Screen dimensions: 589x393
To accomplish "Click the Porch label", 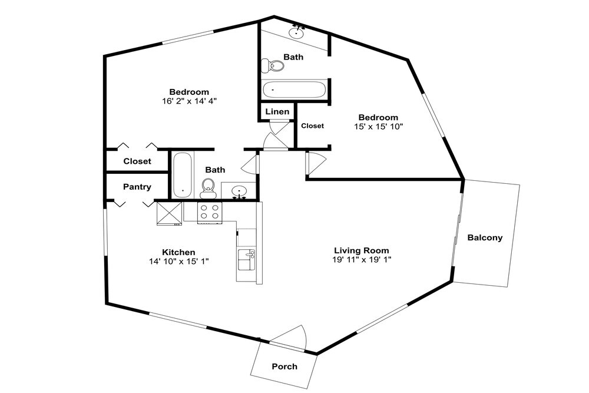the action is [284, 366].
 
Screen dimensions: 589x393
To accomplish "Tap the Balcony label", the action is [485, 237].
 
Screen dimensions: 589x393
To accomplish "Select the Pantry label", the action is [137, 187].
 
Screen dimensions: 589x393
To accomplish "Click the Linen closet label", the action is [277, 111].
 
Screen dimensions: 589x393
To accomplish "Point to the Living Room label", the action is [362, 250].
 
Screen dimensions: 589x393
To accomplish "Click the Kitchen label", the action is [178, 252].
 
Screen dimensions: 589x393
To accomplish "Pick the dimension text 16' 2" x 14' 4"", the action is [189, 101].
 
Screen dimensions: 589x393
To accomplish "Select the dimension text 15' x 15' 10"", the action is [378, 127].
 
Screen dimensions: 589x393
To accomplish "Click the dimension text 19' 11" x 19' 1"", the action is [362, 259].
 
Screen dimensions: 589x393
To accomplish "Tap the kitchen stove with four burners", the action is [210, 213].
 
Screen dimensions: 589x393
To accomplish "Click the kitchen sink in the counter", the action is [246, 259].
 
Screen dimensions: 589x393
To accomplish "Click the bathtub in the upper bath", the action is [294, 90].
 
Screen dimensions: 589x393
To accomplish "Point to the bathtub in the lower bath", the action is [183, 175].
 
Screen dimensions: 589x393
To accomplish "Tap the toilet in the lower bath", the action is [208, 188].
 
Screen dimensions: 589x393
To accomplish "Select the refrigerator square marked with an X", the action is [169, 214].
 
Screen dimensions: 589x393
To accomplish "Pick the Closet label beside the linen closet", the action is [313, 126].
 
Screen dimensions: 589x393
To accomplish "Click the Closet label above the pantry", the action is [137, 161].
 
